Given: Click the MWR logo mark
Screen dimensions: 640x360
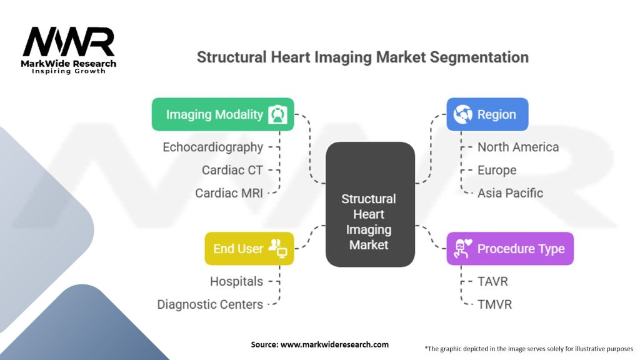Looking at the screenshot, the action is (x=69, y=41).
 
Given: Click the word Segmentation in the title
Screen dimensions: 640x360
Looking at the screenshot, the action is (x=479, y=57).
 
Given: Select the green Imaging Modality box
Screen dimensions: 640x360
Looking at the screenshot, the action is (x=223, y=114).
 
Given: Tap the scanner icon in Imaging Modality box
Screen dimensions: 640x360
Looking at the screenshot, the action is (x=277, y=114).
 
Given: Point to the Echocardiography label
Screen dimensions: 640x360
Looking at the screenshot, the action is (x=212, y=147).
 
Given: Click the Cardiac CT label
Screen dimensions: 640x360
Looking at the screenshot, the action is (x=232, y=170).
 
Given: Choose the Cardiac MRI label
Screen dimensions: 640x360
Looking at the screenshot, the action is (x=229, y=193).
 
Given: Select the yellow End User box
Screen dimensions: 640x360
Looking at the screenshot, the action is (x=249, y=249).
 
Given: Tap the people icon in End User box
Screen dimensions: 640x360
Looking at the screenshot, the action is (x=277, y=248).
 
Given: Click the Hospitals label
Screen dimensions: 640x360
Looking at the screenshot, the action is (x=236, y=281).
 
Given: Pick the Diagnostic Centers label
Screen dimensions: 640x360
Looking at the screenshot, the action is (x=210, y=304).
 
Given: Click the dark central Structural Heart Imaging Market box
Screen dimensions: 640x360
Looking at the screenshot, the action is (x=370, y=204).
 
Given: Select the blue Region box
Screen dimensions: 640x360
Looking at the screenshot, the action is (x=487, y=114).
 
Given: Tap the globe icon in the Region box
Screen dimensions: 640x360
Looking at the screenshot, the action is (x=463, y=114).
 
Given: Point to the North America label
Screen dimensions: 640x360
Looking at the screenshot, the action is (x=518, y=147).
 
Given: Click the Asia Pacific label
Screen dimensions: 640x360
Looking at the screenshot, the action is (x=510, y=193).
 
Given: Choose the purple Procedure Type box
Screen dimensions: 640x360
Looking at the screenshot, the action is (x=510, y=249).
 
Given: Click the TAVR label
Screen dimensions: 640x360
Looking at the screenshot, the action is (x=492, y=281).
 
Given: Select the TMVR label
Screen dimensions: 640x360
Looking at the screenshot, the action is (x=495, y=304).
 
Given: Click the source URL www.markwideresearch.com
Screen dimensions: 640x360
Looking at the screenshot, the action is (x=335, y=344).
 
